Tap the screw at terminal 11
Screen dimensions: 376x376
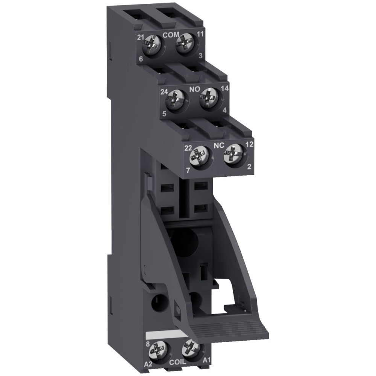click(185, 48)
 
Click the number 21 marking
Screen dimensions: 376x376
click(141, 37)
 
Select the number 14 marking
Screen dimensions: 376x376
click(225, 89)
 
